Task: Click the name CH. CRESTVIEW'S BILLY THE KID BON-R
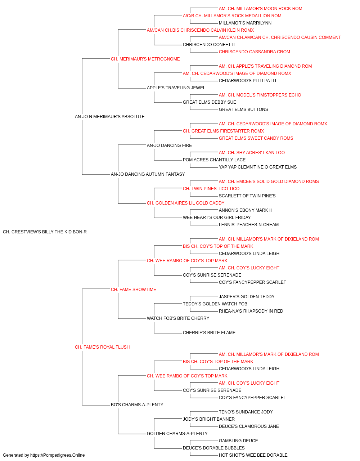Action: click(x=45, y=232)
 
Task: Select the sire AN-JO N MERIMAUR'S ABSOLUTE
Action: click(x=109, y=117)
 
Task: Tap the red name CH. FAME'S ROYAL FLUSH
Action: click(x=102, y=347)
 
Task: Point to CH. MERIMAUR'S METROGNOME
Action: click(x=145, y=59)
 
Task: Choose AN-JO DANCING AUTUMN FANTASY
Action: click(x=148, y=174)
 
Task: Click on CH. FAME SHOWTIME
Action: click(x=133, y=289)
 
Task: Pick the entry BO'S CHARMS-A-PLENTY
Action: click(x=137, y=405)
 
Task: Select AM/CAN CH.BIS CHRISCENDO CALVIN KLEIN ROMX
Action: click(x=200, y=30)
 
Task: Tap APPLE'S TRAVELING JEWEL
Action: click(x=176, y=88)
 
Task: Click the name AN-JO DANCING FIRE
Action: click(x=169, y=145)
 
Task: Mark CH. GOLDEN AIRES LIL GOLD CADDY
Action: click(x=185, y=203)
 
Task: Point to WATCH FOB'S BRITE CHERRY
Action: click(x=178, y=318)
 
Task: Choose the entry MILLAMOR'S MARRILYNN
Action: click(x=245, y=23)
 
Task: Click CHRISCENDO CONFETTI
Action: click(x=209, y=45)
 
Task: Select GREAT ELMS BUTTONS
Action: click(x=243, y=109)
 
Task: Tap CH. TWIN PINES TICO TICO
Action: click(x=211, y=189)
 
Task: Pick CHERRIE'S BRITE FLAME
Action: click(x=209, y=333)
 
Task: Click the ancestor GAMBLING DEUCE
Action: click(x=238, y=441)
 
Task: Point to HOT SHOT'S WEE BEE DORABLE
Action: click(x=253, y=455)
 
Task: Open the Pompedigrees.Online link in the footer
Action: click(x=57, y=455)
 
